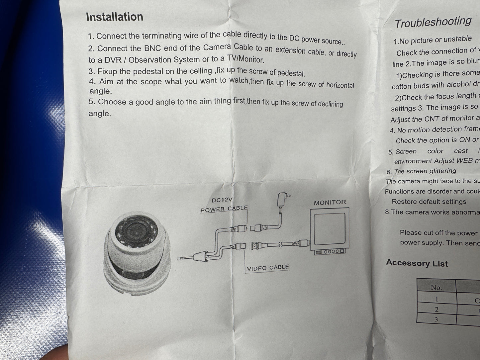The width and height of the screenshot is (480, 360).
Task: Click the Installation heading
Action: coord(115,17)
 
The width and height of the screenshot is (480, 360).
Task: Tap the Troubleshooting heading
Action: coord(433,22)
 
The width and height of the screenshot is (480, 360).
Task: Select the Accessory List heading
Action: coord(417,263)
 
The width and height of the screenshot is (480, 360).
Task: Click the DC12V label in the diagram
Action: coord(222,200)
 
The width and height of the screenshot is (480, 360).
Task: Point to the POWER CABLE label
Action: coord(224,209)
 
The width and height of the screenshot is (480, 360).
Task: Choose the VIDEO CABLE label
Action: coord(268,268)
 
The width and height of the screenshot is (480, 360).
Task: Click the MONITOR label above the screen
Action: coord(330,202)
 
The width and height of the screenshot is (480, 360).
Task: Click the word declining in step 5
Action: coord(330,104)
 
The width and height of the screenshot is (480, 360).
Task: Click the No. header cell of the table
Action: coord(436,287)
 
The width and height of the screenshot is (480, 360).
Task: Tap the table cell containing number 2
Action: coord(436,309)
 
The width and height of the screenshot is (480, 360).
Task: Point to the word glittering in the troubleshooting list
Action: coord(440,171)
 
